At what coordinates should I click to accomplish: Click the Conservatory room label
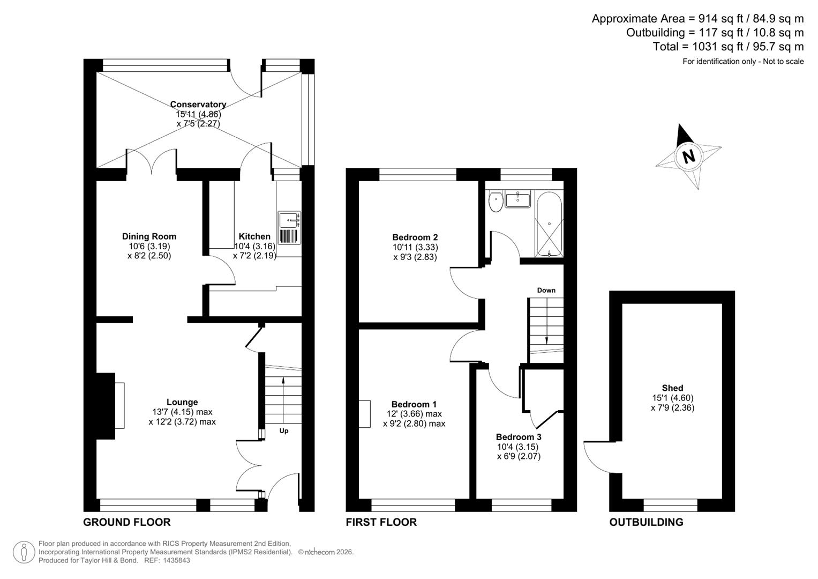click(x=198, y=105)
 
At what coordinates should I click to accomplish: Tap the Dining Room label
click(x=149, y=236)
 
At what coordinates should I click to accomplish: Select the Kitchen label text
click(x=254, y=236)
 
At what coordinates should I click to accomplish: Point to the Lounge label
click(x=182, y=402)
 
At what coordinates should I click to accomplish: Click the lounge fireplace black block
click(x=105, y=406)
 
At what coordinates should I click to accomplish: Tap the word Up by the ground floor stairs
click(x=283, y=430)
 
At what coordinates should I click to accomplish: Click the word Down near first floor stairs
click(x=546, y=290)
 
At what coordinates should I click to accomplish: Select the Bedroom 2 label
click(x=415, y=237)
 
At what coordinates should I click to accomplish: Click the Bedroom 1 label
click(x=414, y=404)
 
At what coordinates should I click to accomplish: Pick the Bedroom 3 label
click(x=518, y=437)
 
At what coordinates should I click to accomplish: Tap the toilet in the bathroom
click(x=496, y=202)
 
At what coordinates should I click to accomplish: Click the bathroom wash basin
click(x=517, y=199)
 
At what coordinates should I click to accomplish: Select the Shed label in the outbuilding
click(x=672, y=388)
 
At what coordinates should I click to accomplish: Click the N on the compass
click(x=689, y=156)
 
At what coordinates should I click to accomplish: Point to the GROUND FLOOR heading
click(x=127, y=522)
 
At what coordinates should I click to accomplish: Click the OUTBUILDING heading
click(x=646, y=522)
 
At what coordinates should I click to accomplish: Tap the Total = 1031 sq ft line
click(x=728, y=47)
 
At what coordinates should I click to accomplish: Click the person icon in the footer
click(x=24, y=552)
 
